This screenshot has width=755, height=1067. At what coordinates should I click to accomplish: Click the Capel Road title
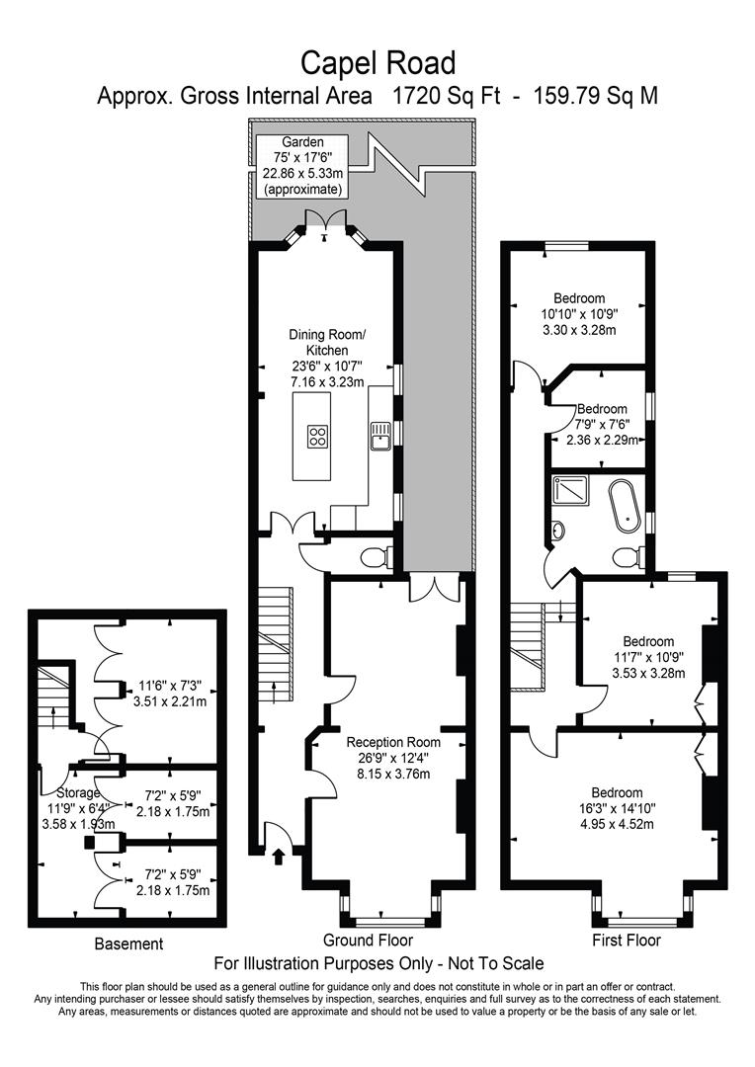coord(378,63)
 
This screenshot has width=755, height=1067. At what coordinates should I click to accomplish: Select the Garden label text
coord(301,142)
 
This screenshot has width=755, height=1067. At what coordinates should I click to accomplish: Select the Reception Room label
coord(392,741)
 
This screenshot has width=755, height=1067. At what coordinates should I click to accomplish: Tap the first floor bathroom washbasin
coord(559,532)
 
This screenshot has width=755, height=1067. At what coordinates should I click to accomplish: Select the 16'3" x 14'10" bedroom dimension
coord(617,809)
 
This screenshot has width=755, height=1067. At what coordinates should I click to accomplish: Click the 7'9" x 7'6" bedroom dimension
coord(602,425)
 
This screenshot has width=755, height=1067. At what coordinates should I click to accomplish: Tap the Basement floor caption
coord(128,944)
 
